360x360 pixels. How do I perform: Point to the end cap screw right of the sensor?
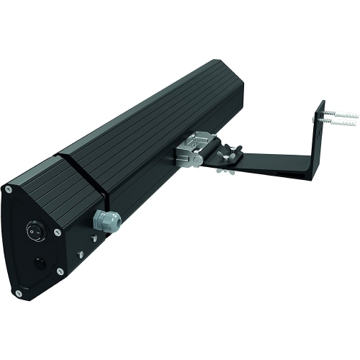59,272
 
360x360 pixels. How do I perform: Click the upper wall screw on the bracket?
332,114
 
